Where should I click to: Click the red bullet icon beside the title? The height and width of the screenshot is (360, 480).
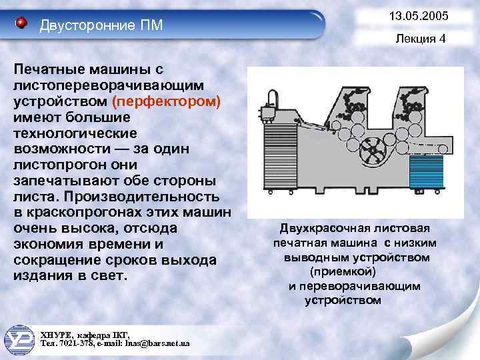coord(21,24)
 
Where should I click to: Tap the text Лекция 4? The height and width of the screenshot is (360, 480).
coord(420,39)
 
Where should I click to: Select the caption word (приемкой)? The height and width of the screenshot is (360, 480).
coord(343,272)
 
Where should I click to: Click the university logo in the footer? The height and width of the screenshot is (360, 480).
coord(21,338)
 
